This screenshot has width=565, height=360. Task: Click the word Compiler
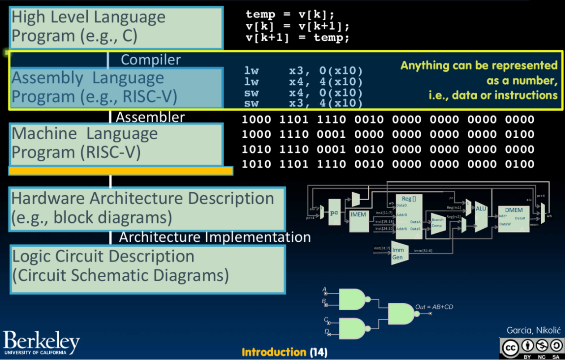(151, 60)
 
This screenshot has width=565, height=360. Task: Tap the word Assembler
(150, 117)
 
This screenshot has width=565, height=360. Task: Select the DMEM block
(513, 219)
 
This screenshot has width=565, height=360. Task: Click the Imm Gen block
(398, 253)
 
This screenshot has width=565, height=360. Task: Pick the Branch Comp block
(437, 223)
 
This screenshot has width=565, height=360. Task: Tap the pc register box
(334, 213)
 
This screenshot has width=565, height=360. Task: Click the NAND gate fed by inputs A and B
(353, 299)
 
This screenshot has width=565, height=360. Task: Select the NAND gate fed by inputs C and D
(353, 328)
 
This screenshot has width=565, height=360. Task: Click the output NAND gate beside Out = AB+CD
(401, 313)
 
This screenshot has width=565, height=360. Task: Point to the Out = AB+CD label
(434, 307)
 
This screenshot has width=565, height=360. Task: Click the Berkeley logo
(41, 343)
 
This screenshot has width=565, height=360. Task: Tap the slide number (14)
(319, 352)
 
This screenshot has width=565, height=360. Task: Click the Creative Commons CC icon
(510, 348)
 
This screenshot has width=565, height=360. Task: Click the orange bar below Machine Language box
(121, 171)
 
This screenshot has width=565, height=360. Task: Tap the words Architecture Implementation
(215, 237)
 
